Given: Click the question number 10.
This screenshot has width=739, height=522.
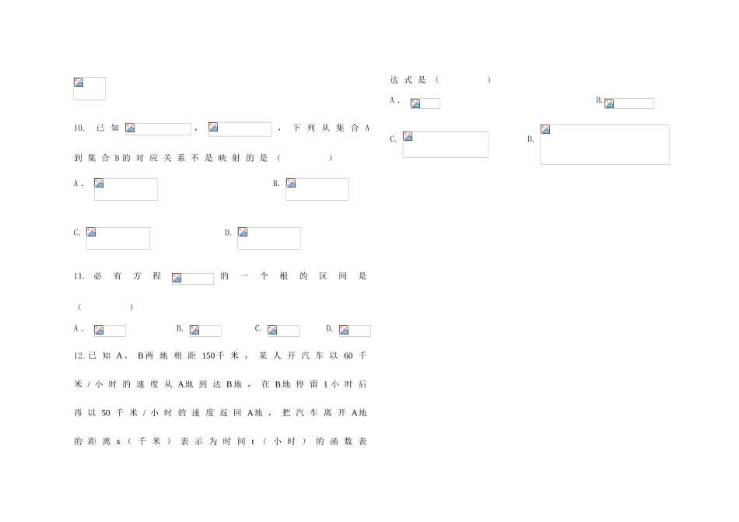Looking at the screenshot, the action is click(x=79, y=128).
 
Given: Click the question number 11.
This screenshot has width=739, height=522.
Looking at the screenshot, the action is click(x=79, y=276).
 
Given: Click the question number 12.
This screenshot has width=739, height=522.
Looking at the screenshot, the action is click(x=79, y=356).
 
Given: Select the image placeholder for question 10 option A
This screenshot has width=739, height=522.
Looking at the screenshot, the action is click(x=126, y=189).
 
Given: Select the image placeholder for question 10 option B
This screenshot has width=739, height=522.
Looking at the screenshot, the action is click(x=317, y=189).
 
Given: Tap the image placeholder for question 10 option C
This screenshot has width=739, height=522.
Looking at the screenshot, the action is click(x=118, y=238).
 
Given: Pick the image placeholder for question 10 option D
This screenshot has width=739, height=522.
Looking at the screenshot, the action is click(x=269, y=238).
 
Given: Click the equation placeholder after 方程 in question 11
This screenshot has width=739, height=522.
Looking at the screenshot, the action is click(x=193, y=279).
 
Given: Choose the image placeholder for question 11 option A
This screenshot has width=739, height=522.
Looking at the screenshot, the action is click(x=110, y=331).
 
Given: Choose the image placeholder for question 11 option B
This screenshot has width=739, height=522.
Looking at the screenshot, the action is click(x=205, y=331).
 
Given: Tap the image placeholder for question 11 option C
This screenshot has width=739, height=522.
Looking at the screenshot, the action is click(x=283, y=331).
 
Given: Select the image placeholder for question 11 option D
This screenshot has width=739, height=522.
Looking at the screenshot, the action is click(x=355, y=331).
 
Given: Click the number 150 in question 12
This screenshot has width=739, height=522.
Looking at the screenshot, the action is click(x=208, y=356).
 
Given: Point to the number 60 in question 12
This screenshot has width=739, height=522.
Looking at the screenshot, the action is click(x=348, y=356).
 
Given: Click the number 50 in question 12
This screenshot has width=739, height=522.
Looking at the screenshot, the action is click(x=106, y=413).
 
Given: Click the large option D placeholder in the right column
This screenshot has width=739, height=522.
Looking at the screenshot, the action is click(x=604, y=145).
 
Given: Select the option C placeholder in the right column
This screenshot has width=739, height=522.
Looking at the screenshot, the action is click(x=446, y=145).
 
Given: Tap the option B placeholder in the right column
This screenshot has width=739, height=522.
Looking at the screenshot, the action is click(x=629, y=103).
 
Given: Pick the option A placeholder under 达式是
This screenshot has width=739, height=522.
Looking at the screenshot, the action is click(x=425, y=103).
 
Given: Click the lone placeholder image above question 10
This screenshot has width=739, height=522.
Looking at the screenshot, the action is click(x=89, y=89).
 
